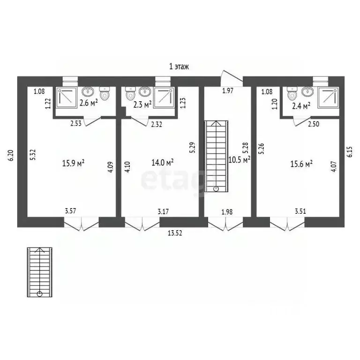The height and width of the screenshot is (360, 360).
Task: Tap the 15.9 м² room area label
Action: [73, 163]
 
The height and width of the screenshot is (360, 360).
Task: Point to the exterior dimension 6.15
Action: [350, 152]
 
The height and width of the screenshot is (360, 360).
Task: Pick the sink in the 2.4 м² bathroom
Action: [307, 91]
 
